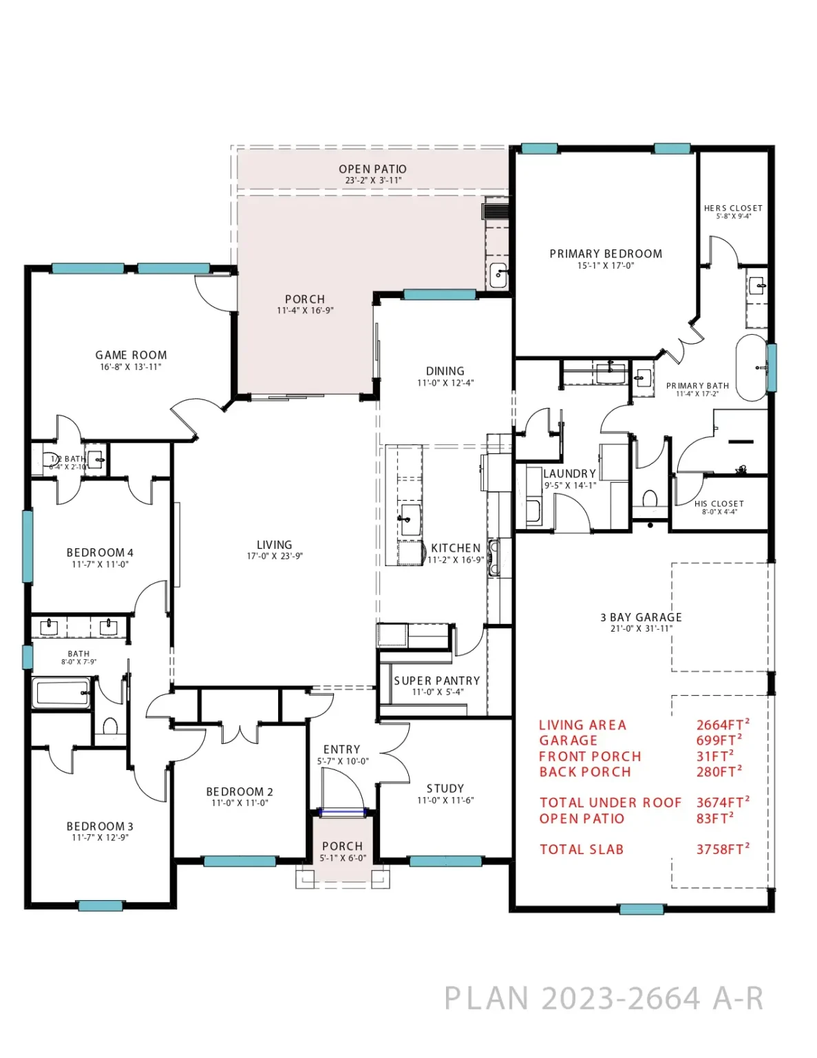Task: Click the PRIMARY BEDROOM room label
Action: click(606, 254)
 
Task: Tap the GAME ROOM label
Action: click(131, 355)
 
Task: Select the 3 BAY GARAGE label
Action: click(641, 617)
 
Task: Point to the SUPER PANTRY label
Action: click(436, 681)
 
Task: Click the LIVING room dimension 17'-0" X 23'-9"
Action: click(275, 557)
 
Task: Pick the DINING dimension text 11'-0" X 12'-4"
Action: click(445, 383)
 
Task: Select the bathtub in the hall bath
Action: click(61, 693)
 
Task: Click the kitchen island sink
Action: click(409, 515)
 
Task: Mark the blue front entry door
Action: click(342, 812)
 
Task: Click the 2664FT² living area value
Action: click(722, 725)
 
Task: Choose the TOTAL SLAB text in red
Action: click(581, 850)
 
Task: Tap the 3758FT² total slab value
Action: click(722, 849)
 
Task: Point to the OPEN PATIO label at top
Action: click(372, 169)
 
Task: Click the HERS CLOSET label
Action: click(733, 208)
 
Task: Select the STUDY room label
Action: click(445, 789)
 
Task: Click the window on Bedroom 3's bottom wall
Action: click(100, 906)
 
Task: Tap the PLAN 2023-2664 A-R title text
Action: click(604, 999)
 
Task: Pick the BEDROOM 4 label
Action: click(100, 552)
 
